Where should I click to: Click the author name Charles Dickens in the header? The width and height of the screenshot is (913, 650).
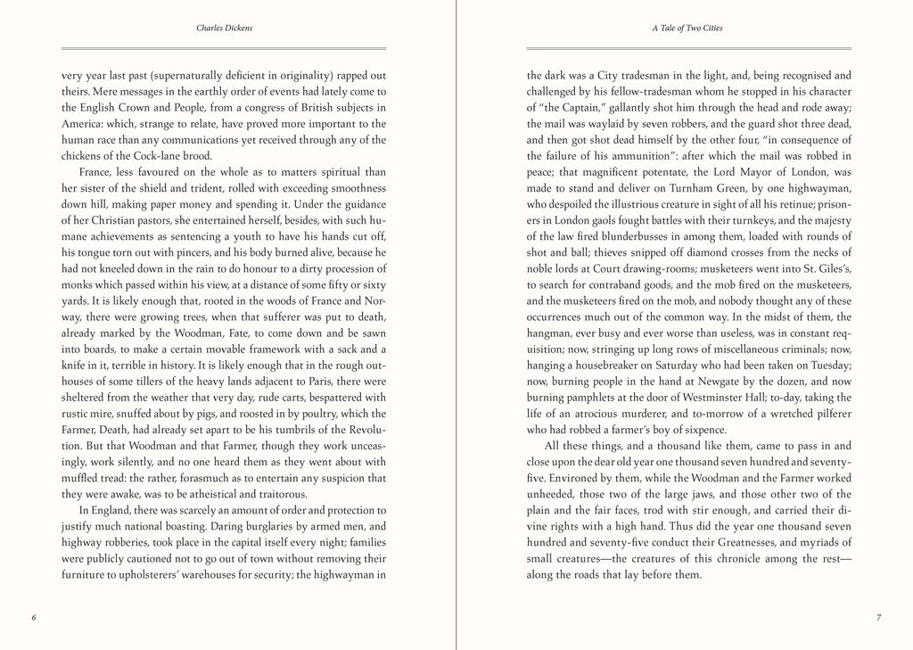(x=223, y=29)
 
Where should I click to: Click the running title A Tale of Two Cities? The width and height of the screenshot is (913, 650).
(x=688, y=29)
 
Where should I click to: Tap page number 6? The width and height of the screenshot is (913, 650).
(x=33, y=617)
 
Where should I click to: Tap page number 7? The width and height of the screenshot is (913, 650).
(x=878, y=617)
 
